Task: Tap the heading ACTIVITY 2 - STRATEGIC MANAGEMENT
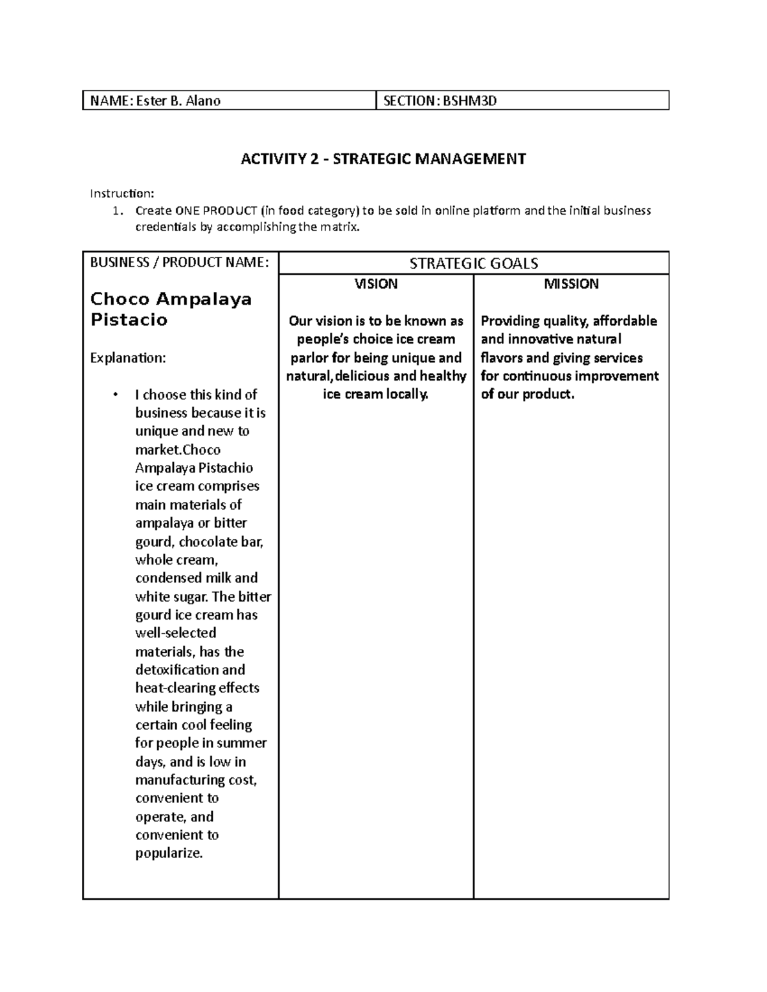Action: tap(383, 159)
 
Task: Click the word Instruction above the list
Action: tap(120, 194)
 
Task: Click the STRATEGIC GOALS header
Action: tap(474, 263)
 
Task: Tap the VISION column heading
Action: tap(376, 284)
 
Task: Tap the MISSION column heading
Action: tap(571, 284)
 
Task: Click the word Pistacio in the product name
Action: tap(128, 320)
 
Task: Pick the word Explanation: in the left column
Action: tap(127, 358)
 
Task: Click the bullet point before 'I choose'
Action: tap(116, 395)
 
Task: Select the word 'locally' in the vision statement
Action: tap(407, 394)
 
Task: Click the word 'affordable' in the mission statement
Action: tap(624, 321)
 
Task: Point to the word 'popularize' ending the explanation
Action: tap(168, 853)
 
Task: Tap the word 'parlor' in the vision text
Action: tap(309, 358)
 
